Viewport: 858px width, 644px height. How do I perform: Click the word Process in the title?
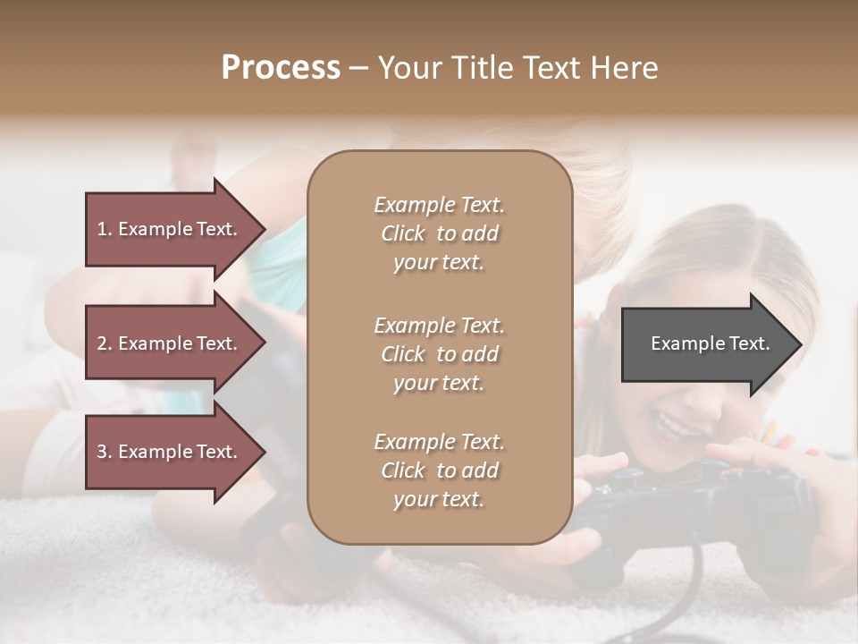point(281,68)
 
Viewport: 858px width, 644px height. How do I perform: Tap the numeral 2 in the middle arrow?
point(102,343)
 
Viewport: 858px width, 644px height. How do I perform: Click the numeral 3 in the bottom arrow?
point(102,452)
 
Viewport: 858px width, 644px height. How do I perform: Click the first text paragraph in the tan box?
point(439,233)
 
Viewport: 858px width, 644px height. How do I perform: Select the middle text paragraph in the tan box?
point(439,354)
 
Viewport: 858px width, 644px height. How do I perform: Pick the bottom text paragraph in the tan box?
point(439,470)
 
